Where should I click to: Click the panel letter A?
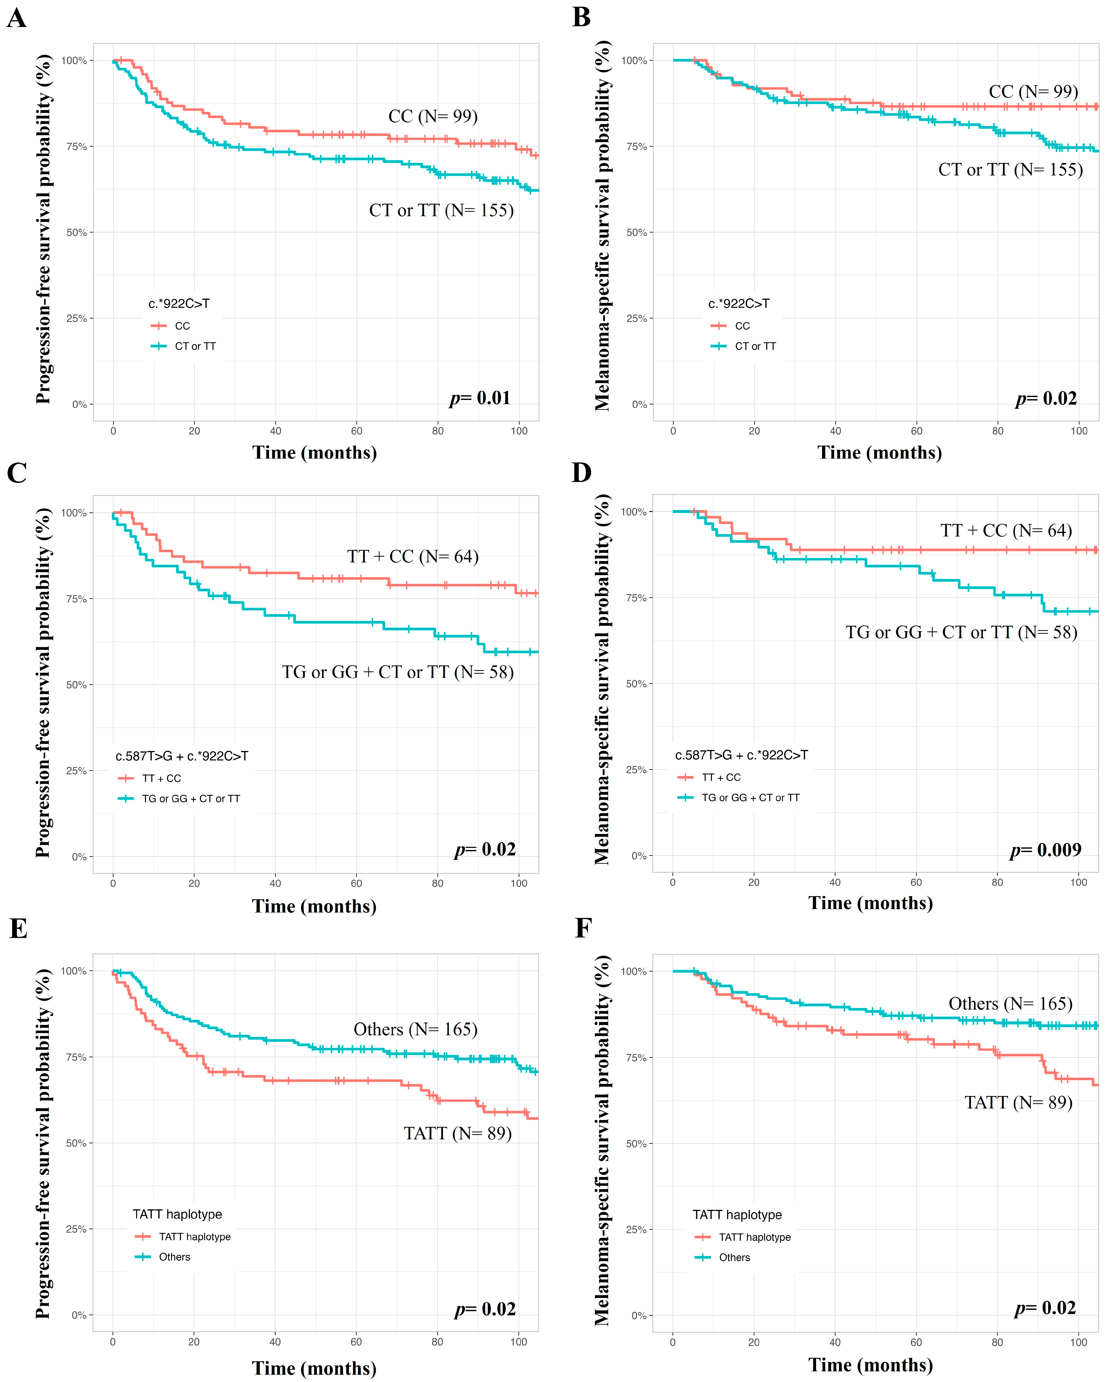[x=17, y=18]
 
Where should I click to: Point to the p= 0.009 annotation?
[x=1045, y=850]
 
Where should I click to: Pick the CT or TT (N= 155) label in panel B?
[x=1010, y=170]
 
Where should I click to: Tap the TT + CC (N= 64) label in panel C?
[x=413, y=556]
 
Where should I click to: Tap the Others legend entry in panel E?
[x=174, y=1257]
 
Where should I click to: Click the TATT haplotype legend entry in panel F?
[x=754, y=1237]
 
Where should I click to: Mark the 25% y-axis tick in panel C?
[x=76, y=771]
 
